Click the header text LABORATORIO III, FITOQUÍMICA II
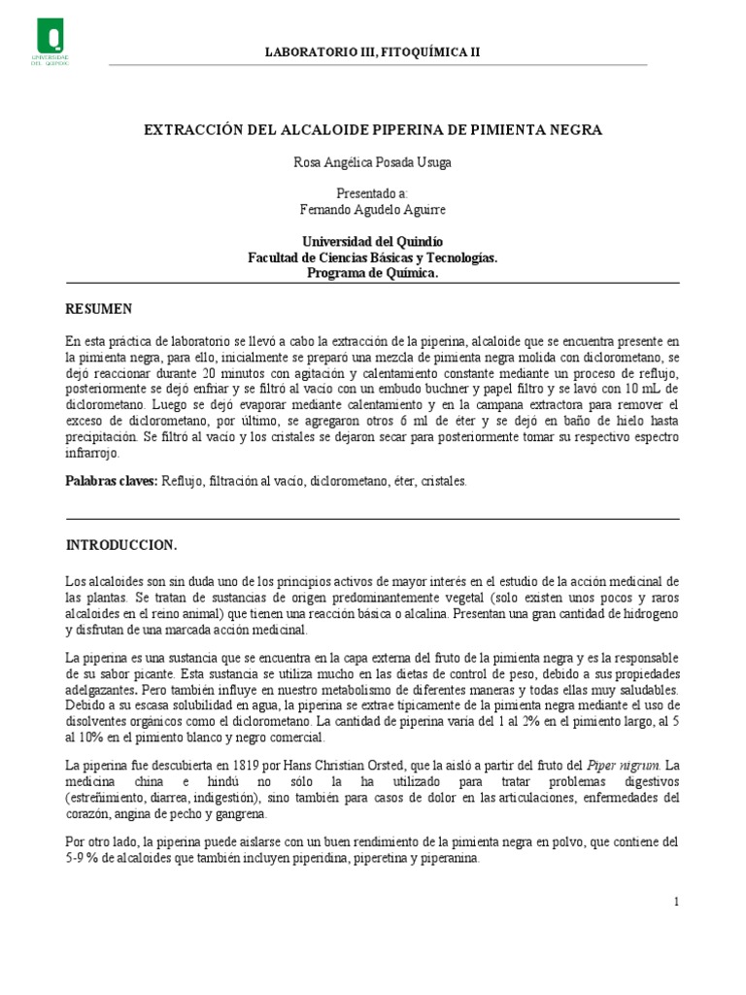[372, 52]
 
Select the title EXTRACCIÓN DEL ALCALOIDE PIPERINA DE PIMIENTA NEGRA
[373, 129]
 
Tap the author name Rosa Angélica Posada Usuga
[372, 163]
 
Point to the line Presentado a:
[372, 193]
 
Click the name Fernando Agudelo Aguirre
[372, 209]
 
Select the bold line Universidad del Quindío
[372, 241]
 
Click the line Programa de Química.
[372, 273]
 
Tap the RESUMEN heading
[98, 309]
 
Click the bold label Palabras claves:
[111, 481]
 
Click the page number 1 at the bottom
[676, 902]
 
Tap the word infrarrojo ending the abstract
[92, 453]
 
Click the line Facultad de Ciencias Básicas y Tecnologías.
[372, 257]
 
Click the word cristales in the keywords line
[443, 481]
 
